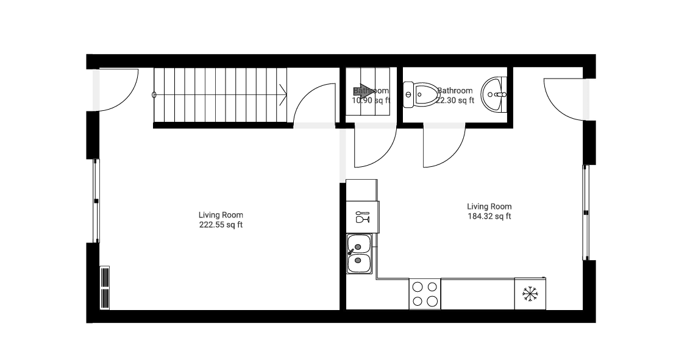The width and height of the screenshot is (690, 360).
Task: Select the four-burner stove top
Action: pyautogui.click(x=424, y=294)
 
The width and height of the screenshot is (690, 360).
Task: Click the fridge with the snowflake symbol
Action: pyautogui.click(x=530, y=294)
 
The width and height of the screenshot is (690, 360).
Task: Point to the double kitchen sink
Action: pyautogui.click(x=359, y=253)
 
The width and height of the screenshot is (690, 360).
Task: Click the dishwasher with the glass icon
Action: pyautogui.click(x=361, y=217)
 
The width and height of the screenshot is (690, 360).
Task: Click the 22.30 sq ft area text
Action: pyautogui.click(x=455, y=101)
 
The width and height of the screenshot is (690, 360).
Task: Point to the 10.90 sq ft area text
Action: pyautogui.click(x=371, y=101)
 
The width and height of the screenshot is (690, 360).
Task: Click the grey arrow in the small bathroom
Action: pyautogui.click(x=366, y=91)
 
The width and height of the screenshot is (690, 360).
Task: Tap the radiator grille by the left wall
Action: pyautogui.click(x=105, y=288)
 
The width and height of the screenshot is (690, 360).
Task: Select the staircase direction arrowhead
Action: pyautogui.click(x=283, y=94)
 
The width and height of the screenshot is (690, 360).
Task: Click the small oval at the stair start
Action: pyautogui.click(x=154, y=94)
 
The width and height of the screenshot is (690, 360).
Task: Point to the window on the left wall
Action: pyautogui.click(x=96, y=201)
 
